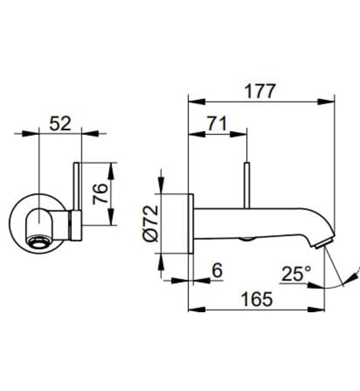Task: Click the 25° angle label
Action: click(295, 274)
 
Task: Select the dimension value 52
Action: click(60, 123)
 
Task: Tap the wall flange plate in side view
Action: click(190, 223)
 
